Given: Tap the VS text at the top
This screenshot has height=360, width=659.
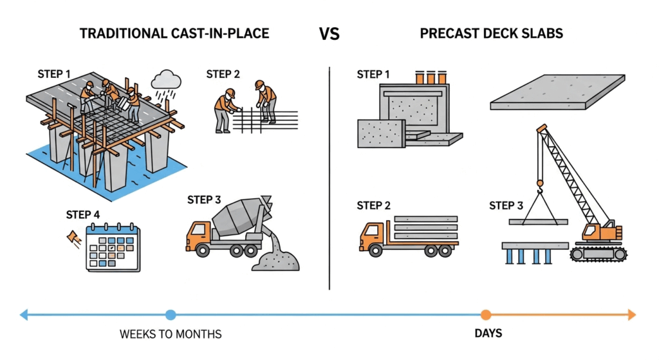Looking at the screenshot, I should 329,34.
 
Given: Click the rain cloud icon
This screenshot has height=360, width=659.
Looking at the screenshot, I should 166,81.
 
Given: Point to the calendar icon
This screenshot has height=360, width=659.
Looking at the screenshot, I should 113,248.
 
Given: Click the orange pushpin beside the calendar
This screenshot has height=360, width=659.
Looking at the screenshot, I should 73,238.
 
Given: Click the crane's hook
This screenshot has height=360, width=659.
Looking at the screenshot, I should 540,187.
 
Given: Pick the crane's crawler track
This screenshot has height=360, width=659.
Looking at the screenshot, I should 598,252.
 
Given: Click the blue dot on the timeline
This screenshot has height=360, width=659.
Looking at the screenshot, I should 171,315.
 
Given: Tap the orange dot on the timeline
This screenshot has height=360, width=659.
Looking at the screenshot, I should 486,315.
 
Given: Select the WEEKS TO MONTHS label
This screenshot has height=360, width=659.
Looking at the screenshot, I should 171,334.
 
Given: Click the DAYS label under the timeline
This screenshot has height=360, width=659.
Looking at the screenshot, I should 488,334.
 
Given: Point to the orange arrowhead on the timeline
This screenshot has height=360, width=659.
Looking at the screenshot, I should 631,315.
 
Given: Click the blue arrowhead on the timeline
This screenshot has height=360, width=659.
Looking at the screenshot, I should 24,315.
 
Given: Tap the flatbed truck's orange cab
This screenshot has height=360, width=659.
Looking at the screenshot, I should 373,236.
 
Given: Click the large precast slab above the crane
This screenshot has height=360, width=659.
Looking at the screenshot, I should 556,92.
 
